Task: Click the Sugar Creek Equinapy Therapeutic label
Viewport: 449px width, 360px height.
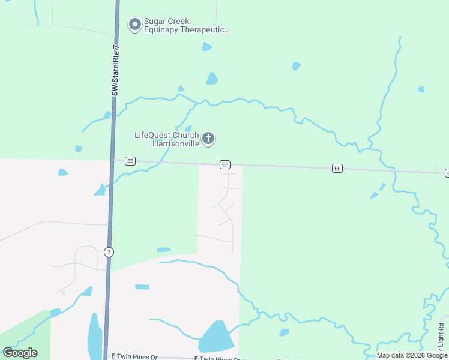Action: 186,25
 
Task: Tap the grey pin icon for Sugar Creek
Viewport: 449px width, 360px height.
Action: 135,25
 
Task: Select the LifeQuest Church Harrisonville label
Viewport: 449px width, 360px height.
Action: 166,139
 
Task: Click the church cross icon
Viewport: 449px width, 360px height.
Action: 208,139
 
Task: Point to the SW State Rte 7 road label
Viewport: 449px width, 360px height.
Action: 116,70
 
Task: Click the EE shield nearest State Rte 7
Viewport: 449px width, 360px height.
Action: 130,161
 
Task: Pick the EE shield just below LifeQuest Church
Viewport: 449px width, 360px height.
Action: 225,164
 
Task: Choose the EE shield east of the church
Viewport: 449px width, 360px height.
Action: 337,169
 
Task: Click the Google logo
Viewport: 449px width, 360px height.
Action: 20,353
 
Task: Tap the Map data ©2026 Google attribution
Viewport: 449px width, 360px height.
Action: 412,355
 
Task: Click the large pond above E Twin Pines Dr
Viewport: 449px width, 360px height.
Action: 215,337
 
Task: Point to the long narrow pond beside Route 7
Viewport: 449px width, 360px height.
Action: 95,336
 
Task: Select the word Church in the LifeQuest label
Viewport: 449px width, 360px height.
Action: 185,135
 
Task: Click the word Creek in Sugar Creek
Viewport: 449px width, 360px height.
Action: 178,21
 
